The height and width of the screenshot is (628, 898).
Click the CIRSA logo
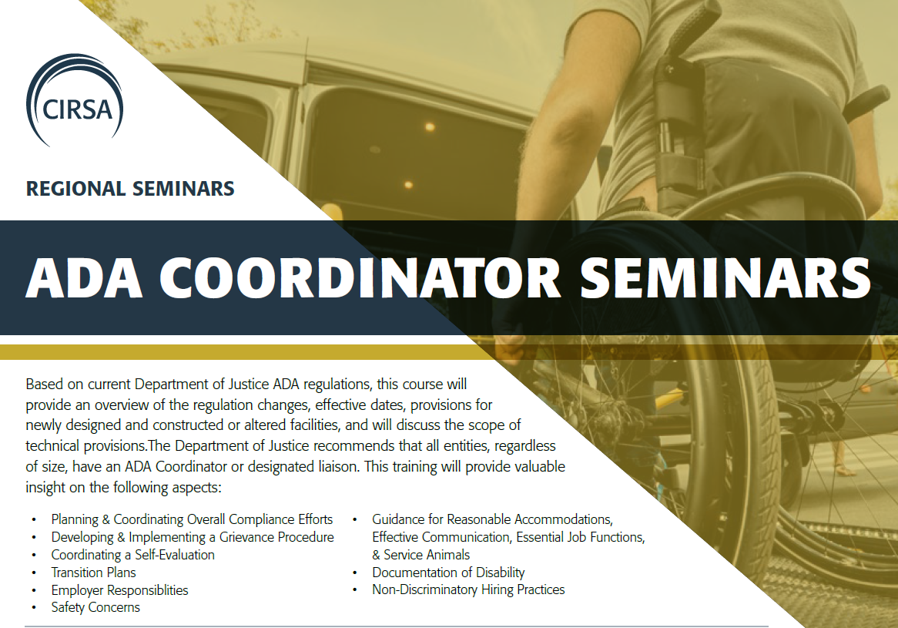coord(75,100)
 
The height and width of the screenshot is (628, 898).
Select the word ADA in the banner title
coord(84,278)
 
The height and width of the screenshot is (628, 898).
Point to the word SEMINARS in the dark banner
coord(725,278)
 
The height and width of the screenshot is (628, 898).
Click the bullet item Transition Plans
coord(93,573)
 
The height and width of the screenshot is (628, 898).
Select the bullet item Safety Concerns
coord(95,607)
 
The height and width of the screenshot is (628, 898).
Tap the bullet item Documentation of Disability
coord(448,573)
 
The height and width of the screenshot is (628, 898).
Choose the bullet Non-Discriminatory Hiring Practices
coord(468,589)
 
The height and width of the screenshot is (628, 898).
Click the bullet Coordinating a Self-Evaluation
coord(133,555)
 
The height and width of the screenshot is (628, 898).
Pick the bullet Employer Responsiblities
coord(119,590)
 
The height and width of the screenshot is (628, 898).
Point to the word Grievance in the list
coord(247,537)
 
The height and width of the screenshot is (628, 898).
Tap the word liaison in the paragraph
coord(338,466)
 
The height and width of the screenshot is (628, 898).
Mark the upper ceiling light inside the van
coord(430,126)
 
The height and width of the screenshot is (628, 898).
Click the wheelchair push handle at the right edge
coord(870,97)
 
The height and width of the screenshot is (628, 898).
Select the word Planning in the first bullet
coord(75,519)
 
